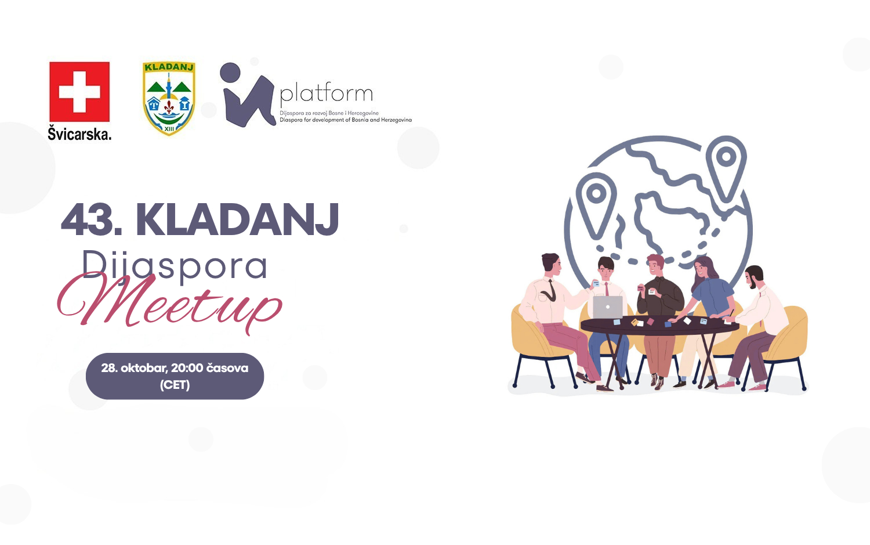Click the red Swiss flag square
pos(79,92)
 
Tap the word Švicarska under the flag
pos(79,133)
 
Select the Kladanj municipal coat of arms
pos(169,99)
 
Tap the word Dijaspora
pos(175,266)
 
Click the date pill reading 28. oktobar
pos(175,376)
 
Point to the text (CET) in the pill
pos(175,385)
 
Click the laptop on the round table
pos(608,307)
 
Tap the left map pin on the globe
pos(596,204)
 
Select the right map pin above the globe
pos(726,167)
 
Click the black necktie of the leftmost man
pos(551,291)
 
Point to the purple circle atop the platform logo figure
pos(230,73)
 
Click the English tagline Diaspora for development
pos(346,120)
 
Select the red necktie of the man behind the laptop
pos(607,290)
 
